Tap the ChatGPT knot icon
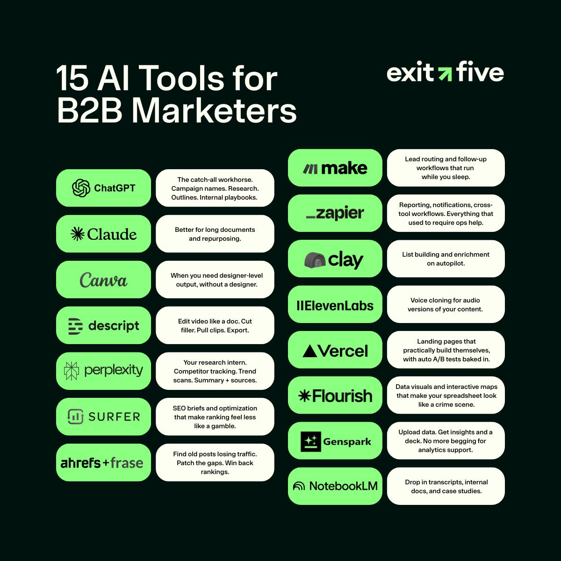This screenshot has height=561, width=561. tap(81, 188)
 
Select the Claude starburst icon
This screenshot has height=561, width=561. tap(77, 234)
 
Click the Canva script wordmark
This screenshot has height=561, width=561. tap(103, 280)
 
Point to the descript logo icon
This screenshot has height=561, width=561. tap(75, 326)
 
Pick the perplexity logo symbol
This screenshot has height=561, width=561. tap(72, 371)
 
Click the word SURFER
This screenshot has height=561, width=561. tap(114, 417)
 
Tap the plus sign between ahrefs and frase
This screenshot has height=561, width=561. tap(106, 463)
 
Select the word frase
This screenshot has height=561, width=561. tap(127, 463)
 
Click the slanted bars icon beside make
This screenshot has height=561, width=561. tap(310, 168)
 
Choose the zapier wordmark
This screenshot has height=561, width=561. tap(335, 214)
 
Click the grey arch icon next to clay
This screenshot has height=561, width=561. tap(315, 260)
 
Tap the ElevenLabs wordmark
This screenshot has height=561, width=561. tap(335, 306)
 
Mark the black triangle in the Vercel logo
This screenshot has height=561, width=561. tap(310, 351)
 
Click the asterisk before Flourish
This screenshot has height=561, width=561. tap(304, 396)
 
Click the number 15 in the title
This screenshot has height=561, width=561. tap(72, 78)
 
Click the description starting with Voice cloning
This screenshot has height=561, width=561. tap(446, 305)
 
